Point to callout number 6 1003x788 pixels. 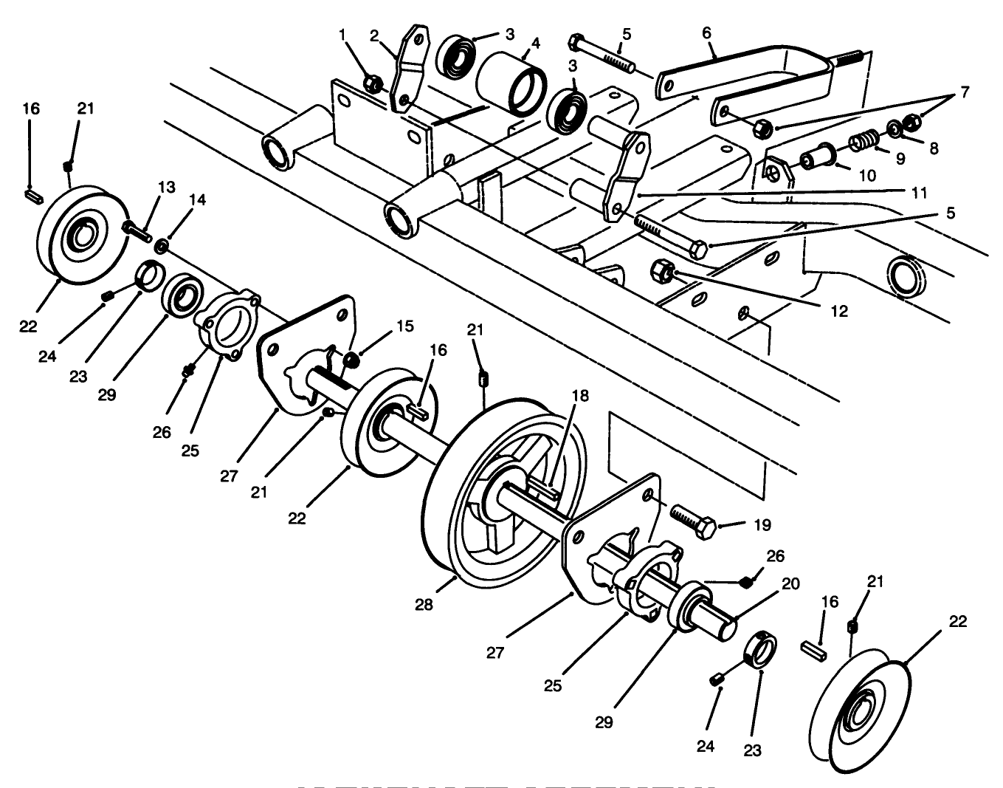point(706,33)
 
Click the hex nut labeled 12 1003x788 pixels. point(663,272)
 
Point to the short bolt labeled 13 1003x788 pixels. point(137,222)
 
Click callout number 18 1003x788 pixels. point(580,396)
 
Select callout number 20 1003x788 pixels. point(790,583)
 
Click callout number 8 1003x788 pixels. point(934,148)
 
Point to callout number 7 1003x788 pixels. point(964,93)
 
